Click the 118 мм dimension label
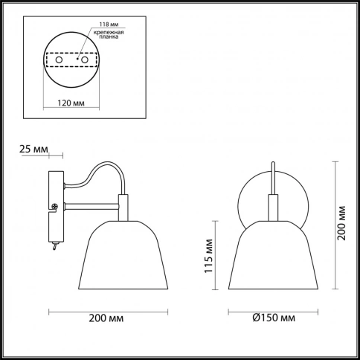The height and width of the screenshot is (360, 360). pyautogui.click(x=109, y=25)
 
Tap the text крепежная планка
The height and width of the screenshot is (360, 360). pyautogui.click(x=109, y=34)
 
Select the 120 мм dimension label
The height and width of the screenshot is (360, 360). pyautogui.click(x=71, y=103)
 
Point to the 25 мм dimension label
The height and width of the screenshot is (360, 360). pyautogui.click(x=33, y=150)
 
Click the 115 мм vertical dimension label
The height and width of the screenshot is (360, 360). pyautogui.click(x=209, y=256)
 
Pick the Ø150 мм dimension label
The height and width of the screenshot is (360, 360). pyautogui.click(x=274, y=318)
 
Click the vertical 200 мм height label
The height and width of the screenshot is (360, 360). pyautogui.click(x=341, y=222)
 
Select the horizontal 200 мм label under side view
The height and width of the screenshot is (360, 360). pyautogui.click(x=106, y=318)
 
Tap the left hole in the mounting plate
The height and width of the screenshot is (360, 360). pyautogui.click(x=59, y=60)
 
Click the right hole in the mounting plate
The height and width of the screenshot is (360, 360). pyautogui.click(x=85, y=60)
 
